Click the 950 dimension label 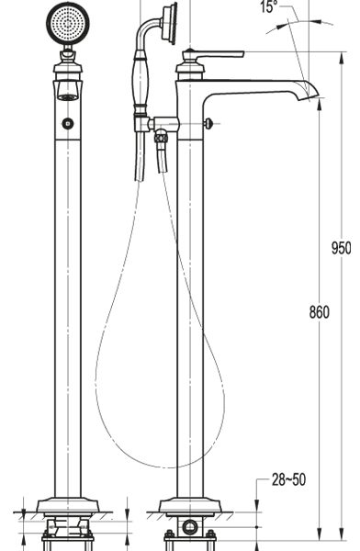[341, 248]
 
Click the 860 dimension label [320, 312]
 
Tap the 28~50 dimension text [288, 479]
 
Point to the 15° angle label [268, 6]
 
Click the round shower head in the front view [68, 23]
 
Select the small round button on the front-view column [68, 123]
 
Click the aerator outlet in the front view [68, 97]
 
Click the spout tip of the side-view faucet [310, 92]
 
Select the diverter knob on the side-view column [208, 123]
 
